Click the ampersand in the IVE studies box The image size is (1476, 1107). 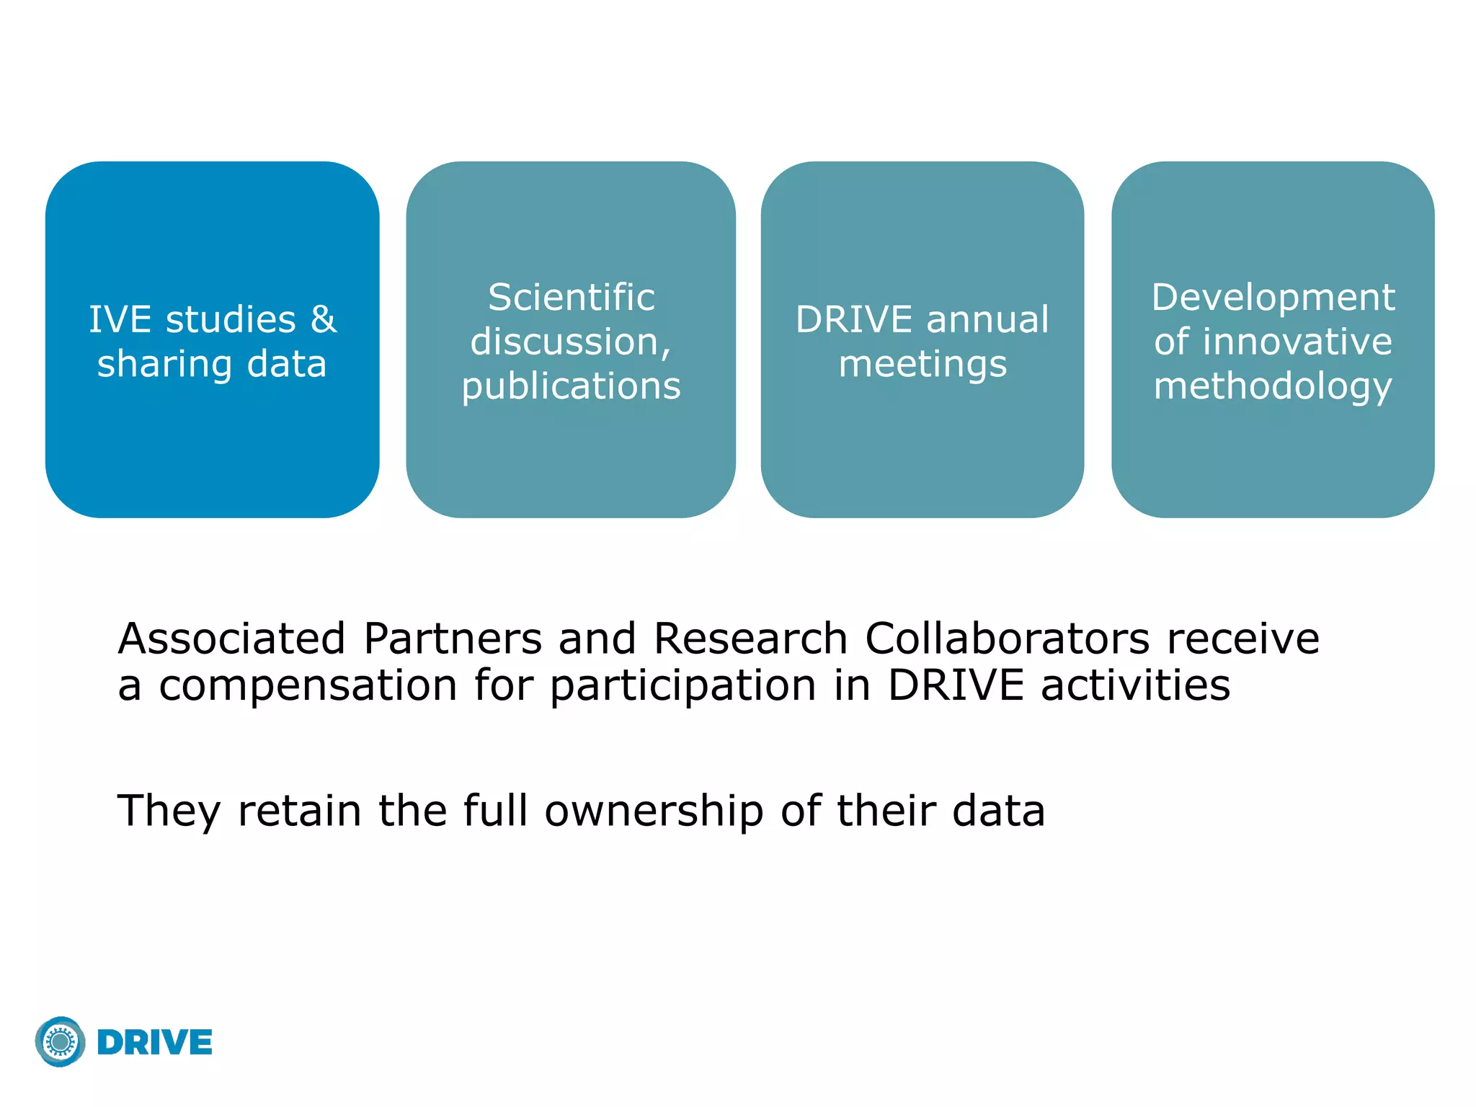(323, 319)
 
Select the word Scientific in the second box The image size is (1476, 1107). (572, 297)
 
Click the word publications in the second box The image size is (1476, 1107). (572, 386)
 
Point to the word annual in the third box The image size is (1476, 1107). (988, 319)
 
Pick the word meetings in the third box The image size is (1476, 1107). (922, 364)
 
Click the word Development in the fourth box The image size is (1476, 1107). (1273, 297)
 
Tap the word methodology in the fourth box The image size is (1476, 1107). (1273, 386)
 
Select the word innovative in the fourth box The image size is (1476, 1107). (1294, 342)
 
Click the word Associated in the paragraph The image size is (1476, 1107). (231, 639)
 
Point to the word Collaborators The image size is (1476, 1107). (1007, 639)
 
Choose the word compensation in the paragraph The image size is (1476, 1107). (308, 685)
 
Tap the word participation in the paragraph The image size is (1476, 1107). (683, 685)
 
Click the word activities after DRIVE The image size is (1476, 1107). (1135, 685)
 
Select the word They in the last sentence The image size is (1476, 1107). (169, 810)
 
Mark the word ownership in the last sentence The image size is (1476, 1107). (654, 810)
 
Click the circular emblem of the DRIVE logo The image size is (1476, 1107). (61, 1042)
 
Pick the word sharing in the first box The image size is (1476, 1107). (164, 364)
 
